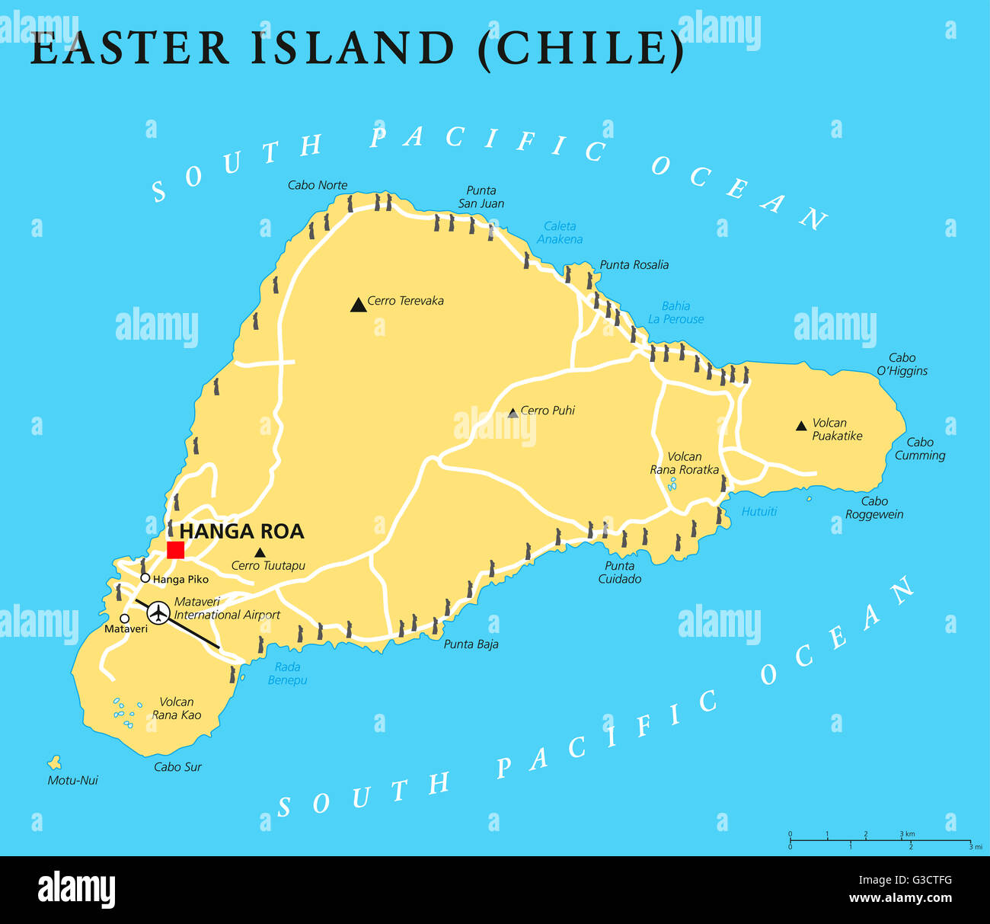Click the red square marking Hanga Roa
point(175,550)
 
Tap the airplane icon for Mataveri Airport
point(158,612)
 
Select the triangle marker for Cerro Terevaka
point(358,305)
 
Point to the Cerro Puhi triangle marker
point(513,413)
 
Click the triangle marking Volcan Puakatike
point(801,426)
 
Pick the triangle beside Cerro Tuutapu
point(260,552)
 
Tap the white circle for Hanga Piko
point(145,578)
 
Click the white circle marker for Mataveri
point(124,619)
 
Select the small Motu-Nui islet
point(55,762)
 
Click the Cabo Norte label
point(317,185)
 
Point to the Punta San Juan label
point(481,197)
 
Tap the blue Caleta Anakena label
point(560,232)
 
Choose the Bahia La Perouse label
point(675,312)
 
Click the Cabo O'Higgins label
point(902,364)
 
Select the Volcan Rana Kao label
point(177,708)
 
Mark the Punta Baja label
point(471,644)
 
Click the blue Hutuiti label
point(758,512)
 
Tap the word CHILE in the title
point(580,48)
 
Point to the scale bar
point(880,841)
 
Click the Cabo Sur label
point(177,767)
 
